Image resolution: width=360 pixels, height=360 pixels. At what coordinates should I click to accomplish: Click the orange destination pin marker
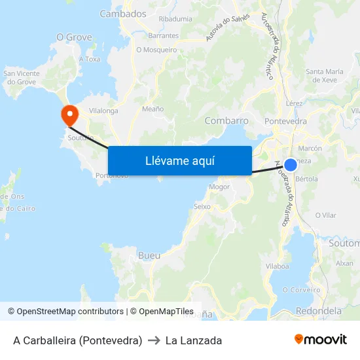click(69, 115)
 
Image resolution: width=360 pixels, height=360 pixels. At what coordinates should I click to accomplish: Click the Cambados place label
click(123, 13)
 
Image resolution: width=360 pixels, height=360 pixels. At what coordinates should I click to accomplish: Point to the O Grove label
click(74, 37)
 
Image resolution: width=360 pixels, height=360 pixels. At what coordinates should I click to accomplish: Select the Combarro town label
click(226, 121)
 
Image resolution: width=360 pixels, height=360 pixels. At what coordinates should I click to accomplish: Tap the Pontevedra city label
click(285, 121)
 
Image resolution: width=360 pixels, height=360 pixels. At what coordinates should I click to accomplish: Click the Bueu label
click(149, 255)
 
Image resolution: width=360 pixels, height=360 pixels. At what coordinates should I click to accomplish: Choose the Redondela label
click(319, 311)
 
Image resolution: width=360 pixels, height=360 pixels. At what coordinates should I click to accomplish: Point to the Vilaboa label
click(278, 266)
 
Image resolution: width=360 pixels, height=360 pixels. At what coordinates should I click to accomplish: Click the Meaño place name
click(153, 109)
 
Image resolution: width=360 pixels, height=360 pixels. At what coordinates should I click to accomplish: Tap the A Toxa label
click(89, 59)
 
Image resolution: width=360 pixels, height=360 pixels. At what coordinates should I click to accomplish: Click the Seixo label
click(202, 206)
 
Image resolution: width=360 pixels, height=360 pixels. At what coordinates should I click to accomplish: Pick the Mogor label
click(220, 187)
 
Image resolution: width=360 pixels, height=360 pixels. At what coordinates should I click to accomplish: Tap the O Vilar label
click(325, 215)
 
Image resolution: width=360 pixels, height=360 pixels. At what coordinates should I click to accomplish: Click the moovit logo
click(321, 340)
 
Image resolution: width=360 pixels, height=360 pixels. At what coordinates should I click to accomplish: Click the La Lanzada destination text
click(194, 340)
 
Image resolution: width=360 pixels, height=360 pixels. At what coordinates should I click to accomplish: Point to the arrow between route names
click(154, 340)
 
